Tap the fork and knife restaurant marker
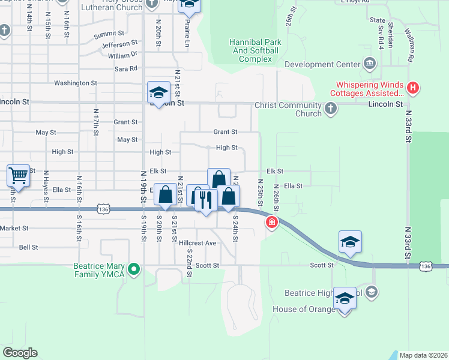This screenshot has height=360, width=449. pos(205,199)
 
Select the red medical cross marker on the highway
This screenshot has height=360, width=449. pos(272,223)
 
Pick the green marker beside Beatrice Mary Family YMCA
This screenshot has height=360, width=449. pos(134,269)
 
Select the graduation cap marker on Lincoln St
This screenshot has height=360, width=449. pos(157,93)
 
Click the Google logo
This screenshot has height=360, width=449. pos(20,353)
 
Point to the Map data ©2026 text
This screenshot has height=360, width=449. pos(423,355)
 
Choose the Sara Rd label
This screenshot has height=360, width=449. pos(126,69)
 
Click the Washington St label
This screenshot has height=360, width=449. pos(76,83)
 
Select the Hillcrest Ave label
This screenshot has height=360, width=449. pos(197,243)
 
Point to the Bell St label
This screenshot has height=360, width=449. pos(28,247)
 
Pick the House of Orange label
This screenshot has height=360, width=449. pos(304,309)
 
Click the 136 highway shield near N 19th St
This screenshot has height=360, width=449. pos(104,209)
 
